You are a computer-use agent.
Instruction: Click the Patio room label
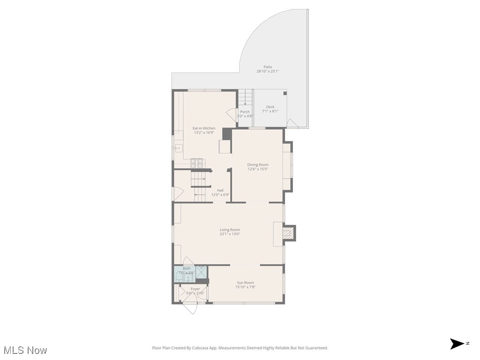pos(268,67)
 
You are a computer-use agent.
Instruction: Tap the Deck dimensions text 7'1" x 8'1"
pos(270,111)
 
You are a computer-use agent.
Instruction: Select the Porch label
pos(245,112)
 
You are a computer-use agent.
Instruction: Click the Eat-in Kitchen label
pos(204,128)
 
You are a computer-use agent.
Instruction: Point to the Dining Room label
pos(258,165)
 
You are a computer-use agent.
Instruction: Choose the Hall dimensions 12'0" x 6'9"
pos(220,195)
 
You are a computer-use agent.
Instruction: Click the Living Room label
pos(230,230)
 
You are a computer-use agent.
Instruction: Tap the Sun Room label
pos(245,283)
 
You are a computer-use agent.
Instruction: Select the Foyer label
pos(195,289)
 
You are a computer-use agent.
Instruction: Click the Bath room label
pos(187,269)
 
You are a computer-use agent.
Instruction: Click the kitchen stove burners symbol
pos(197,164)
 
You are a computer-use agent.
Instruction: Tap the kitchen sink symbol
pos(178,148)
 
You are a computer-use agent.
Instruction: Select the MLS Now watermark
pos(25,350)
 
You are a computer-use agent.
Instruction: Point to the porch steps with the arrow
pos(245,98)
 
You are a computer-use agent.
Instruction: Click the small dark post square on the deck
pos(285,93)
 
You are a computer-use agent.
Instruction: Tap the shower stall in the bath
pos(202,271)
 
